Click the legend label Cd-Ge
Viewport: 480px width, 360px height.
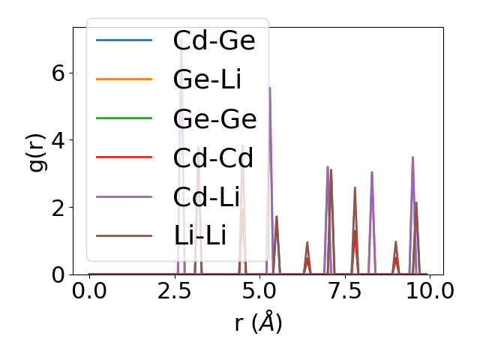point(214,40)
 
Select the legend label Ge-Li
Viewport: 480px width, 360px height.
point(207,79)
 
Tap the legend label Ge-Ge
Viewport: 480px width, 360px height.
point(214,118)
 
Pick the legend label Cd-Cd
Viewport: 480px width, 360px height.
point(213,158)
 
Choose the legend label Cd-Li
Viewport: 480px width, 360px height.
point(206,197)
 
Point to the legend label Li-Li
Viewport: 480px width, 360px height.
point(199,236)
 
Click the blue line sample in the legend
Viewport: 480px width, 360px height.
point(124,40)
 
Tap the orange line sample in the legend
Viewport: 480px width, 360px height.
point(124,79)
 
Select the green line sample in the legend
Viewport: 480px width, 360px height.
point(124,118)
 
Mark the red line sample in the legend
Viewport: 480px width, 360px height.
point(124,158)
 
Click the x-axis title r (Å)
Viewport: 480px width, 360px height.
point(258,323)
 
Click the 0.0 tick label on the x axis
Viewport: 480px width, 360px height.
point(89,292)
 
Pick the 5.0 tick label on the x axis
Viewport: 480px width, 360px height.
point(259,292)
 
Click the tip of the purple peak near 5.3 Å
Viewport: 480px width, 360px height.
point(269,88)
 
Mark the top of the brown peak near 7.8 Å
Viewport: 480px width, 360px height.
point(355,187)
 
